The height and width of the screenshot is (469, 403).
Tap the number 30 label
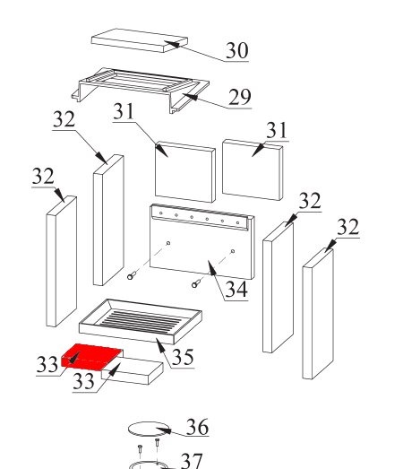pos(236,51)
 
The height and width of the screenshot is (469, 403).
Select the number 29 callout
pos(239,97)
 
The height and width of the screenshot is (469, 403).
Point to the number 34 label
pos(236,290)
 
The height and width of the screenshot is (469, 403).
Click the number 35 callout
pos(183,357)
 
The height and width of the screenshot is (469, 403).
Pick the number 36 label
pos(196,428)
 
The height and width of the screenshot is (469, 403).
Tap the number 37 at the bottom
pos(192,461)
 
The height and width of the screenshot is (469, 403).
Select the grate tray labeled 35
pos(141,320)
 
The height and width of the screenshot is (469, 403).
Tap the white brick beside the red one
pos(135,369)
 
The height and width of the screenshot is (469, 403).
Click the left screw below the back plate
pos(131,276)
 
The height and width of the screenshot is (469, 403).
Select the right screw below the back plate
pos(194,284)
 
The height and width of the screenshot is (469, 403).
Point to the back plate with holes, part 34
pos(199,242)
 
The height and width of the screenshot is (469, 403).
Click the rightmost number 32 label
pos(347,227)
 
